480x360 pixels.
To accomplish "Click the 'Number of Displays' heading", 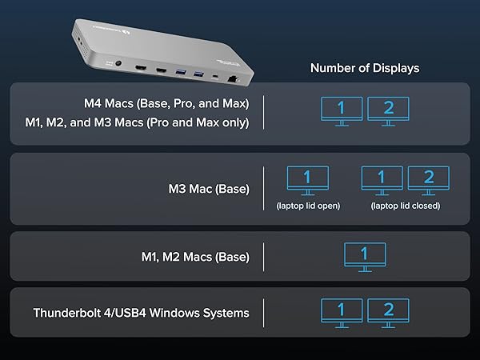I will (x=364, y=68).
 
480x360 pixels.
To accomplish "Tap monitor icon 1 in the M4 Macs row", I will (x=341, y=109).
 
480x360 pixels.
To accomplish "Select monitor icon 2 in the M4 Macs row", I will (x=388, y=109).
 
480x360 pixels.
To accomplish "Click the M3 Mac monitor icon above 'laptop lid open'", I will (x=308, y=178).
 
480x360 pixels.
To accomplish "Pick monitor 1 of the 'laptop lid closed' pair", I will (x=382, y=178).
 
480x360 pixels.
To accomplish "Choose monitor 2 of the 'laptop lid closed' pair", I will (x=428, y=178).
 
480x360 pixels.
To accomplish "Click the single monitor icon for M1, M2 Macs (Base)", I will (x=365, y=254).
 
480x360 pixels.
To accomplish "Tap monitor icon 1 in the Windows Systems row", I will (x=341, y=310).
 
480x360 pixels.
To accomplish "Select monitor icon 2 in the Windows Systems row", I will (x=388, y=310).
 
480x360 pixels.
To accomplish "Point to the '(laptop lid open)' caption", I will (x=308, y=206).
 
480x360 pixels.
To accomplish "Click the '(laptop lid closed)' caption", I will (x=405, y=206).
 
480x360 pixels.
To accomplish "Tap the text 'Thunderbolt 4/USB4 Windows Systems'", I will (x=141, y=313).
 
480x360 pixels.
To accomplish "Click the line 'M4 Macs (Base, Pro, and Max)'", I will (x=166, y=103).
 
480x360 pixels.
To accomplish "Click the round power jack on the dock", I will (x=120, y=68).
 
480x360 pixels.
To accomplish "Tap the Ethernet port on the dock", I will (x=232, y=79).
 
